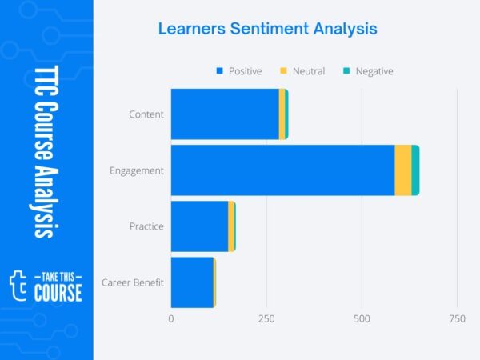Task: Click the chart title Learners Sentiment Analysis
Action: pyautogui.click(x=267, y=29)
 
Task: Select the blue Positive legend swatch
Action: pyautogui.click(x=219, y=70)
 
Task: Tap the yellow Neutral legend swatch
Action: pyautogui.click(x=283, y=70)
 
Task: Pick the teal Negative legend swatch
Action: pyautogui.click(x=346, y=70)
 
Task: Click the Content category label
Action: pyautogui.click(x=146, y=114)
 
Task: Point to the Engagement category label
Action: pyautogui.click(x=137, y=170)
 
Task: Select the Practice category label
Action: pyautogui.click(x=146, y=226)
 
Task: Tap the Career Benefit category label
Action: pyautogui.click(x=133, y=282)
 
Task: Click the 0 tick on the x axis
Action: pyautogui.click(x=171, y=318)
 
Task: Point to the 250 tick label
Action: pyautogui.click(x=266, y=318)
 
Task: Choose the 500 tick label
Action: pyautogui.click(x=362, y=318)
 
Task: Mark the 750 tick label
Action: pyautogui.click(x=458, y=318)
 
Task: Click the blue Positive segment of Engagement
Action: pyautogui.click(x=283, y=170)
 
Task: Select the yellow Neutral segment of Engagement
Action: pyautogui.click(x=403, y=170)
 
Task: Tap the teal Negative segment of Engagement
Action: pyautogui.click(x=415, y=170)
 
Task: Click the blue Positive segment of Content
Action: pyautogui.click(x=225, y=114)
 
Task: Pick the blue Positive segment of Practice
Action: pyautogui.click(x=199, y=226)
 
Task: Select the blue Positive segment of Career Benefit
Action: pyautogui.click(x=192, y=282)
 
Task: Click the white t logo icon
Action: pyautogui.click(x=18, y=286)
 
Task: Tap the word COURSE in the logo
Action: pyautogui.click(x=58, y=293)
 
